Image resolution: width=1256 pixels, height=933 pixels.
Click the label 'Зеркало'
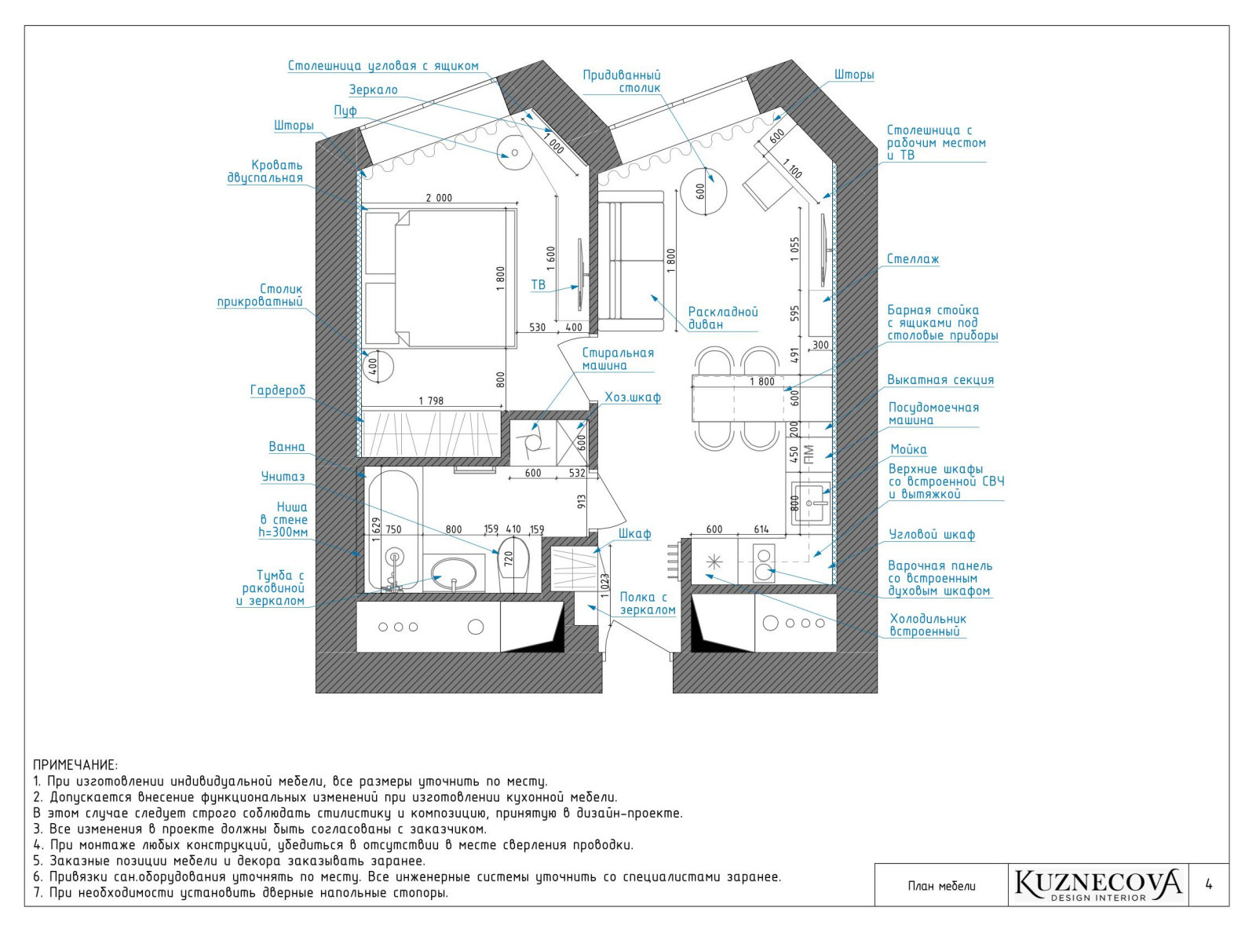click(x=373, y=90)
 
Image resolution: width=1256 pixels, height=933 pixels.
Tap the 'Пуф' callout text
click(x=345, y=111)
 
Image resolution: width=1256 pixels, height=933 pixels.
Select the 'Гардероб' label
click(x=277, y=390)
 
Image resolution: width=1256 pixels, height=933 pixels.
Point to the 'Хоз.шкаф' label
click(x=633, y=397)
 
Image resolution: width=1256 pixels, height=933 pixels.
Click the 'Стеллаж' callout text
click(x=913, y=259)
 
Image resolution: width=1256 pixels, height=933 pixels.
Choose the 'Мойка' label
click(x=908, y=449)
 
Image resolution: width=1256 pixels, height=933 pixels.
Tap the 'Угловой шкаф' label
click(x=932, y=534)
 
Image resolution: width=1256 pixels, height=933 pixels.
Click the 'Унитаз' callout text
click(x=283, y=477)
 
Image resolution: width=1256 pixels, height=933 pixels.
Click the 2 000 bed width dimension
click(x=439, y=198)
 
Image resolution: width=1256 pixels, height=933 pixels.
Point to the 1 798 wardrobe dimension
click(x=431, y=401)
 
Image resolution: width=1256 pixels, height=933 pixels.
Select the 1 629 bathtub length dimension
click(x=377, y=529)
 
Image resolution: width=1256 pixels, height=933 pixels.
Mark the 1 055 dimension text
click(x=795, y=249)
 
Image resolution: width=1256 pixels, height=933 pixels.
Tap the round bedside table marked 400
click(x=378, y=366)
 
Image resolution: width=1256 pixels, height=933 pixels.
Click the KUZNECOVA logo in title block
click(x=1097, y=884)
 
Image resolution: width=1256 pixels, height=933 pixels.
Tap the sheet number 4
click(x=1208, y=884)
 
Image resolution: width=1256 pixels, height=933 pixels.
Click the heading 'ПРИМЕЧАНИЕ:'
click(x=75, y=765)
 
